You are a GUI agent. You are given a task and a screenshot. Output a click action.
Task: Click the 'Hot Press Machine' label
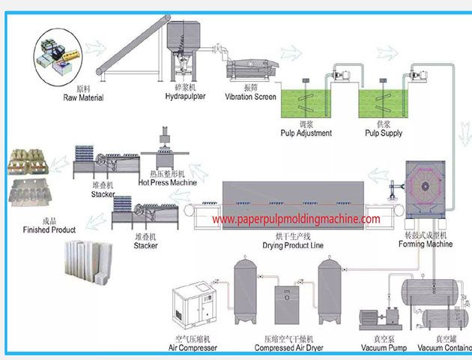click(167, 182)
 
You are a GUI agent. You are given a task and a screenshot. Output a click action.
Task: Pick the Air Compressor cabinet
click(195, 308)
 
